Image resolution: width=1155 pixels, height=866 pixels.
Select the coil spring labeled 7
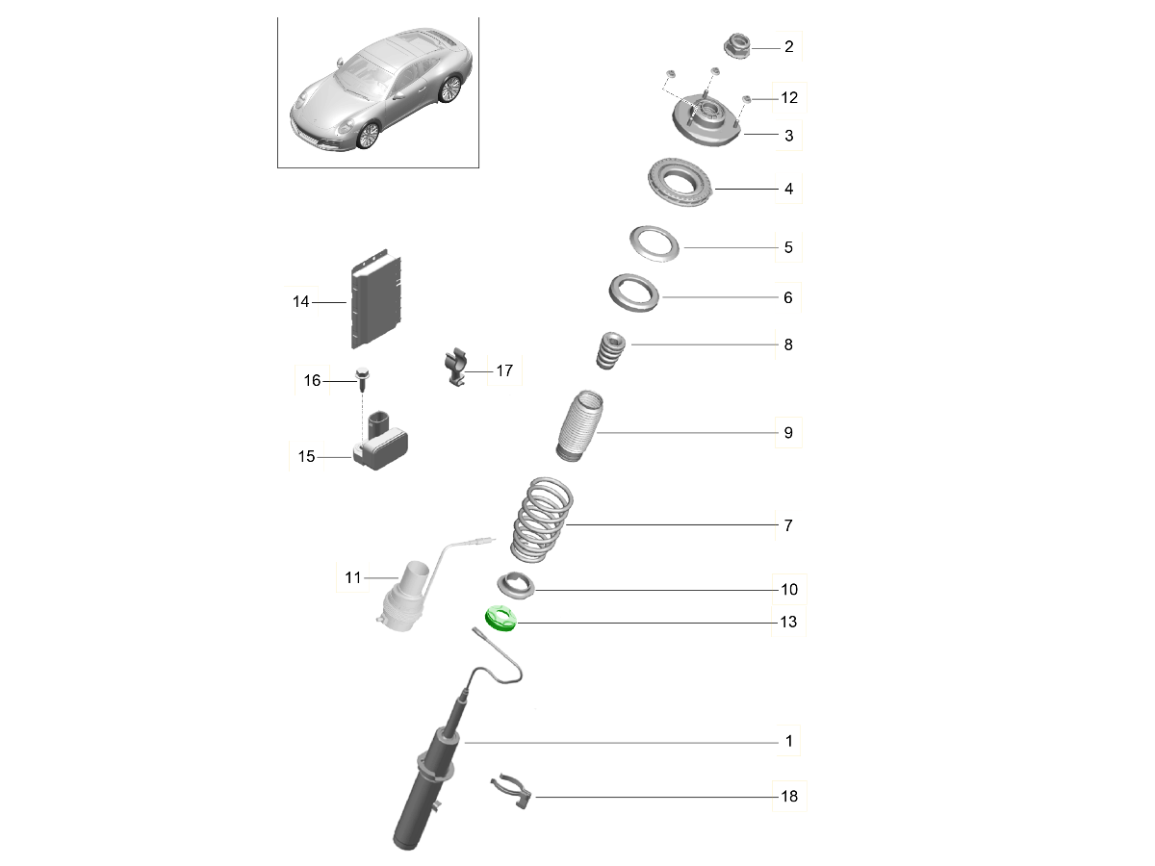[x=543, y=520]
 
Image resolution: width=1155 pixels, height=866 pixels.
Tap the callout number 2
[x=788, y=47]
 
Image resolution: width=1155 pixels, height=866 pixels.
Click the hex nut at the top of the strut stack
[x=737, y=46]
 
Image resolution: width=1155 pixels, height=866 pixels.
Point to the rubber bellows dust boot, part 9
[x=579, y=426]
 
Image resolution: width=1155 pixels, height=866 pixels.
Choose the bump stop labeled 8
[x=610, y=350]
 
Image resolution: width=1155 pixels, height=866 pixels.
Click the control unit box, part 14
[x=376, y=298]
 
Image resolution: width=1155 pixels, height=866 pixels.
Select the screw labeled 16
[x=363, y=379]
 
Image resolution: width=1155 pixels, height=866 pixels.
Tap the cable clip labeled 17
[x=456, y=367]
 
